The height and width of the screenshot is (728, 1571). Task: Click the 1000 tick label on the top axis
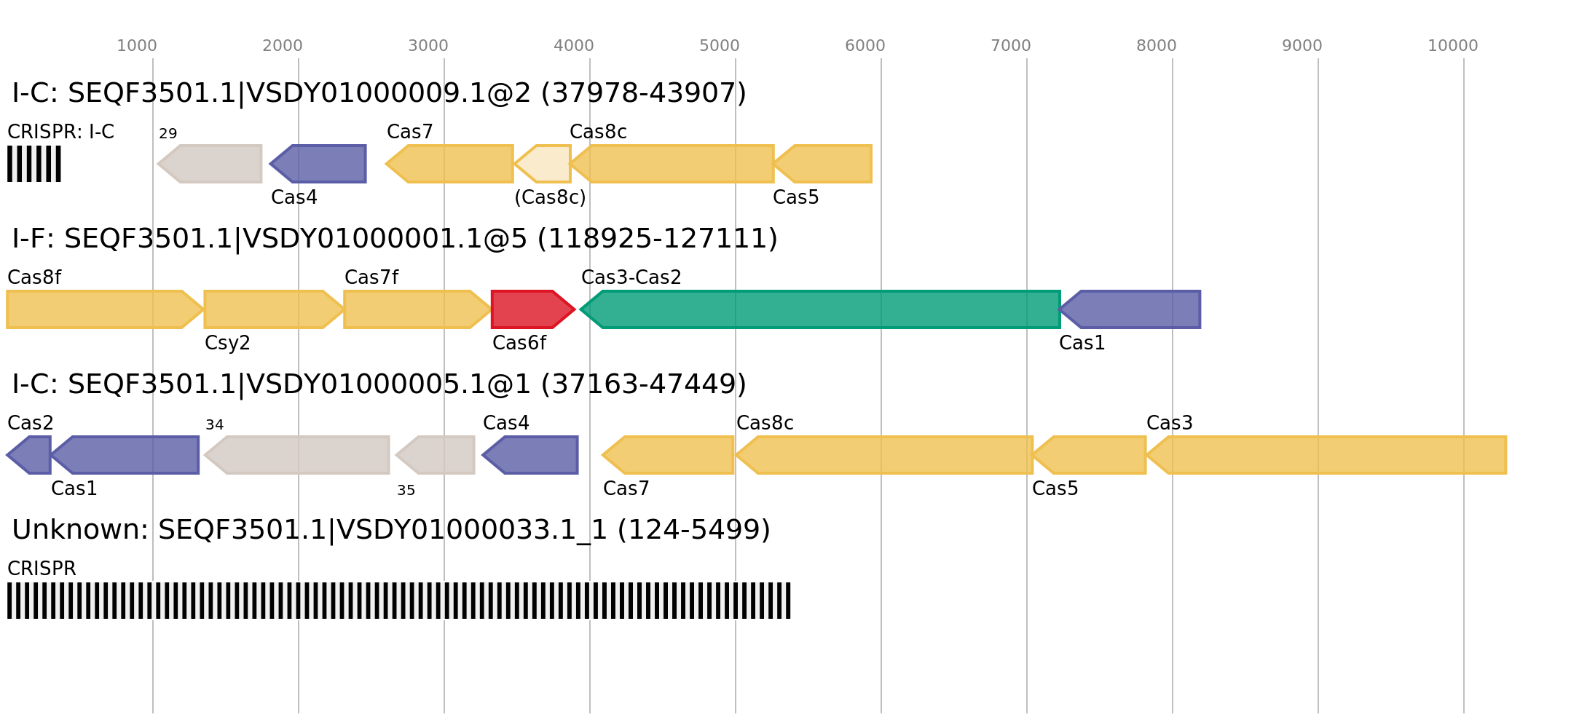[x=136, y=46]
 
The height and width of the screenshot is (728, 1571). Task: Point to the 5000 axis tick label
[x=719, y=46]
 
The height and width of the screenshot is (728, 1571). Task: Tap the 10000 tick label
[x=1452, y=46]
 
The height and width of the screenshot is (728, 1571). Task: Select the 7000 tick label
[x=1010, y=46]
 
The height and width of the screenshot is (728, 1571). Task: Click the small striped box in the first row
[x=34, y=164]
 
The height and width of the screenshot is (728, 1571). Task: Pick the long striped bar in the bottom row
[x=398, y=601]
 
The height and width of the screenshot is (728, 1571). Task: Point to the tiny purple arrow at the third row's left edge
[x=31, y=455]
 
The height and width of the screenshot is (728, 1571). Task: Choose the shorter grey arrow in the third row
[x=437, y=455]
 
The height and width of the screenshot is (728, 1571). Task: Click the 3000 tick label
[x=428, y=46]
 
